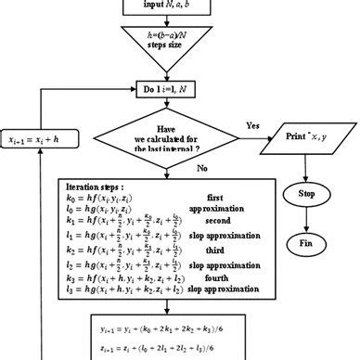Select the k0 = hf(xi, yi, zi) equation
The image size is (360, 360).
point(106,199)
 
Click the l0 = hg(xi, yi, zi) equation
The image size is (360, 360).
point(106,211)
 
